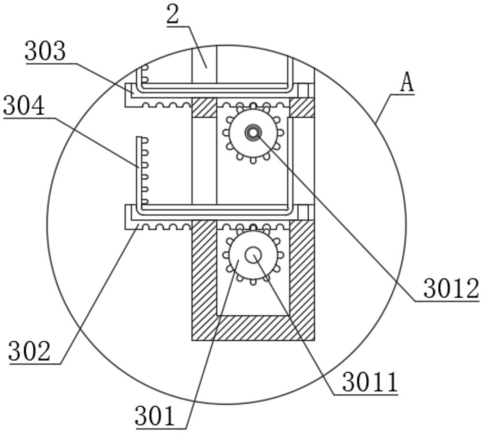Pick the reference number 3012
pyautogui.click(x=451, y=289)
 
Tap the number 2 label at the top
pyautogui.click(x=172, y=15)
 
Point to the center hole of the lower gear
pyautogui.click(x=253, y=255)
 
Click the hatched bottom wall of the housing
pyautogui.click(x=253, y=328)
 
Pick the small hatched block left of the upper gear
pyautogui.click(x=204, y=107)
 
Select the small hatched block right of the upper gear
pyautogui.click(x=302, y=107)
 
